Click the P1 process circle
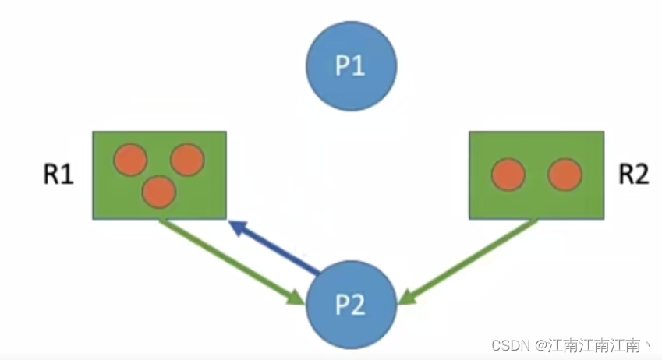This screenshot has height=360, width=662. coord(351,67)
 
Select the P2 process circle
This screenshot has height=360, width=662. coord(350,305)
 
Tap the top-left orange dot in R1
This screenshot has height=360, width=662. coord(130,160)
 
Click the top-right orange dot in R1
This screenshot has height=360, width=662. coord(187,160)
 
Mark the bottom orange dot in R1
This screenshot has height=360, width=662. coord(160,192)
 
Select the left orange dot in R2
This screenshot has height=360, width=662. coord(508,175)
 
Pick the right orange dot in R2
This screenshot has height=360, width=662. coord(565,175)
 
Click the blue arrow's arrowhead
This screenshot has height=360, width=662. coord(239,228)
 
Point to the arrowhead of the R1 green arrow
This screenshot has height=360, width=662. coord(296,297)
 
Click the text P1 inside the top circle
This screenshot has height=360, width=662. coord(351,67)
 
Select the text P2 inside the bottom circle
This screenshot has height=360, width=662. coord(350,305)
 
